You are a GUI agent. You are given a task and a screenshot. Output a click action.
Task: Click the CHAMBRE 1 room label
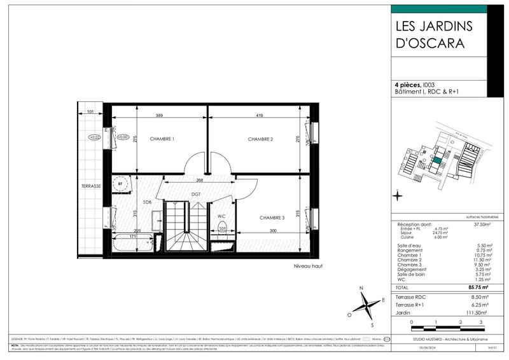tap(162, 139)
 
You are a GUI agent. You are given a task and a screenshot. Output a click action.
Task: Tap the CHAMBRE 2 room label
tap(260, 139)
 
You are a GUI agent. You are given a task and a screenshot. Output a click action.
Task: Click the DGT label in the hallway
tap(196, 195)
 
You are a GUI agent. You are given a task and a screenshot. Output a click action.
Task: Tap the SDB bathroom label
tap(147, 202)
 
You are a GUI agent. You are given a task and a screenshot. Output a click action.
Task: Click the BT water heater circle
tap(119, 184)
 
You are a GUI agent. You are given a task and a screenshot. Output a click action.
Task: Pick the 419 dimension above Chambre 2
tap(261, 116)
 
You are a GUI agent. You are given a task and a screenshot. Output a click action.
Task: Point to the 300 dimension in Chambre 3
tap(272, 231)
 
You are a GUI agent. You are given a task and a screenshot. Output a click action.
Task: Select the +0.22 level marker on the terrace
tap(95, 137)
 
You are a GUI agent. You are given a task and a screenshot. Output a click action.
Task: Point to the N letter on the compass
tap(361, 288)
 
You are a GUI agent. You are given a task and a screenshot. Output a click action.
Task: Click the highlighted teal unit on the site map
tap(436, 160)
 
